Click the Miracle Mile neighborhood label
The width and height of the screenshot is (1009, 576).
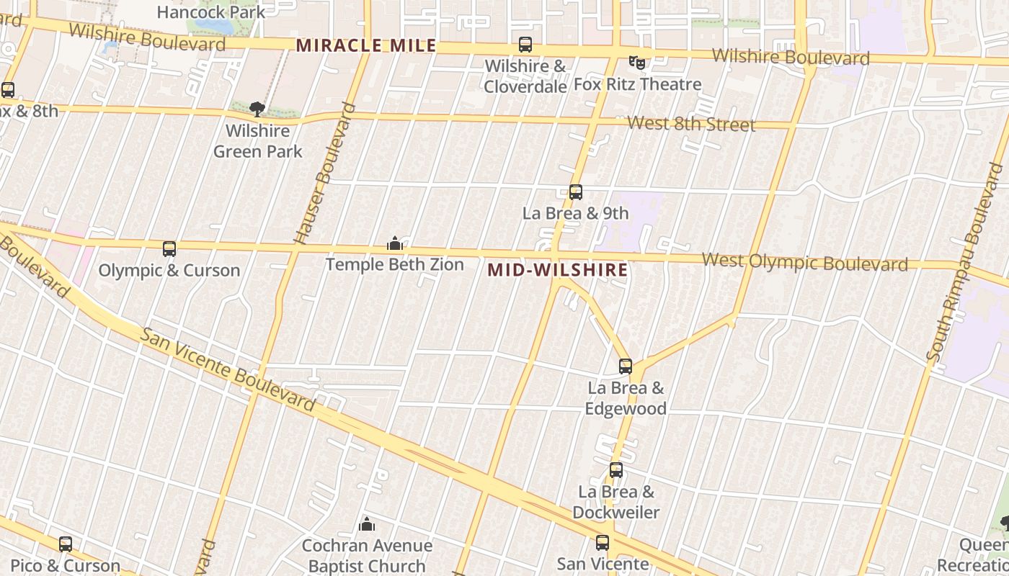[x=366, y=45]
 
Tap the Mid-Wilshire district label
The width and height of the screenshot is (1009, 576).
[x=557, y=271]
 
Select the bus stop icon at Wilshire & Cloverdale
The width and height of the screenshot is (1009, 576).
[x=525, y=45]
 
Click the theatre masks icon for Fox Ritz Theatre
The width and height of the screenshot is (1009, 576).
[x=636, y=63]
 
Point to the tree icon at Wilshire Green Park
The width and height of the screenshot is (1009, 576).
[x=257, y=109]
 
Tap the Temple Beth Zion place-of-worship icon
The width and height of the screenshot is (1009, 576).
[x=394, y=244]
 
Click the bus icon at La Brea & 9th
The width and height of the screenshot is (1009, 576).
[x=575, y=192]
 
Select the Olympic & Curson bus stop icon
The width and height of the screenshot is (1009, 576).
[x=169, y=249]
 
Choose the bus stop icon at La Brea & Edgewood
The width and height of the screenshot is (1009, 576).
[x=625, y=366]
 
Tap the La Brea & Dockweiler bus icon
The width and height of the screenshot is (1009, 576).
[x=616, y=470]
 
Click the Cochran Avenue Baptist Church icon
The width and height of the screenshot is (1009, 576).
[x=367, y=524]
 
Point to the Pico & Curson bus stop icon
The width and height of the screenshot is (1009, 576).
[x=66, y=544]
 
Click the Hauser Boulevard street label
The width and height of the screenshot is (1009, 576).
[x=326, y=174]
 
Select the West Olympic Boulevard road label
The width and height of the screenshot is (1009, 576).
[x=804, y=262]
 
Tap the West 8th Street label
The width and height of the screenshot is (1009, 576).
[x=690, y=124]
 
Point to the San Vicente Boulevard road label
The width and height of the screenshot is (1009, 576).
[x=228, y=370]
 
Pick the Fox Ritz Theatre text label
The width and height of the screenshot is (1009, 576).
[x=637, y=84]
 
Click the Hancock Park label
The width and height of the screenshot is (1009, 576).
[x=210, y=12]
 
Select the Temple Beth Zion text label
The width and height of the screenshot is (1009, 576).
[x=394, y=265]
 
